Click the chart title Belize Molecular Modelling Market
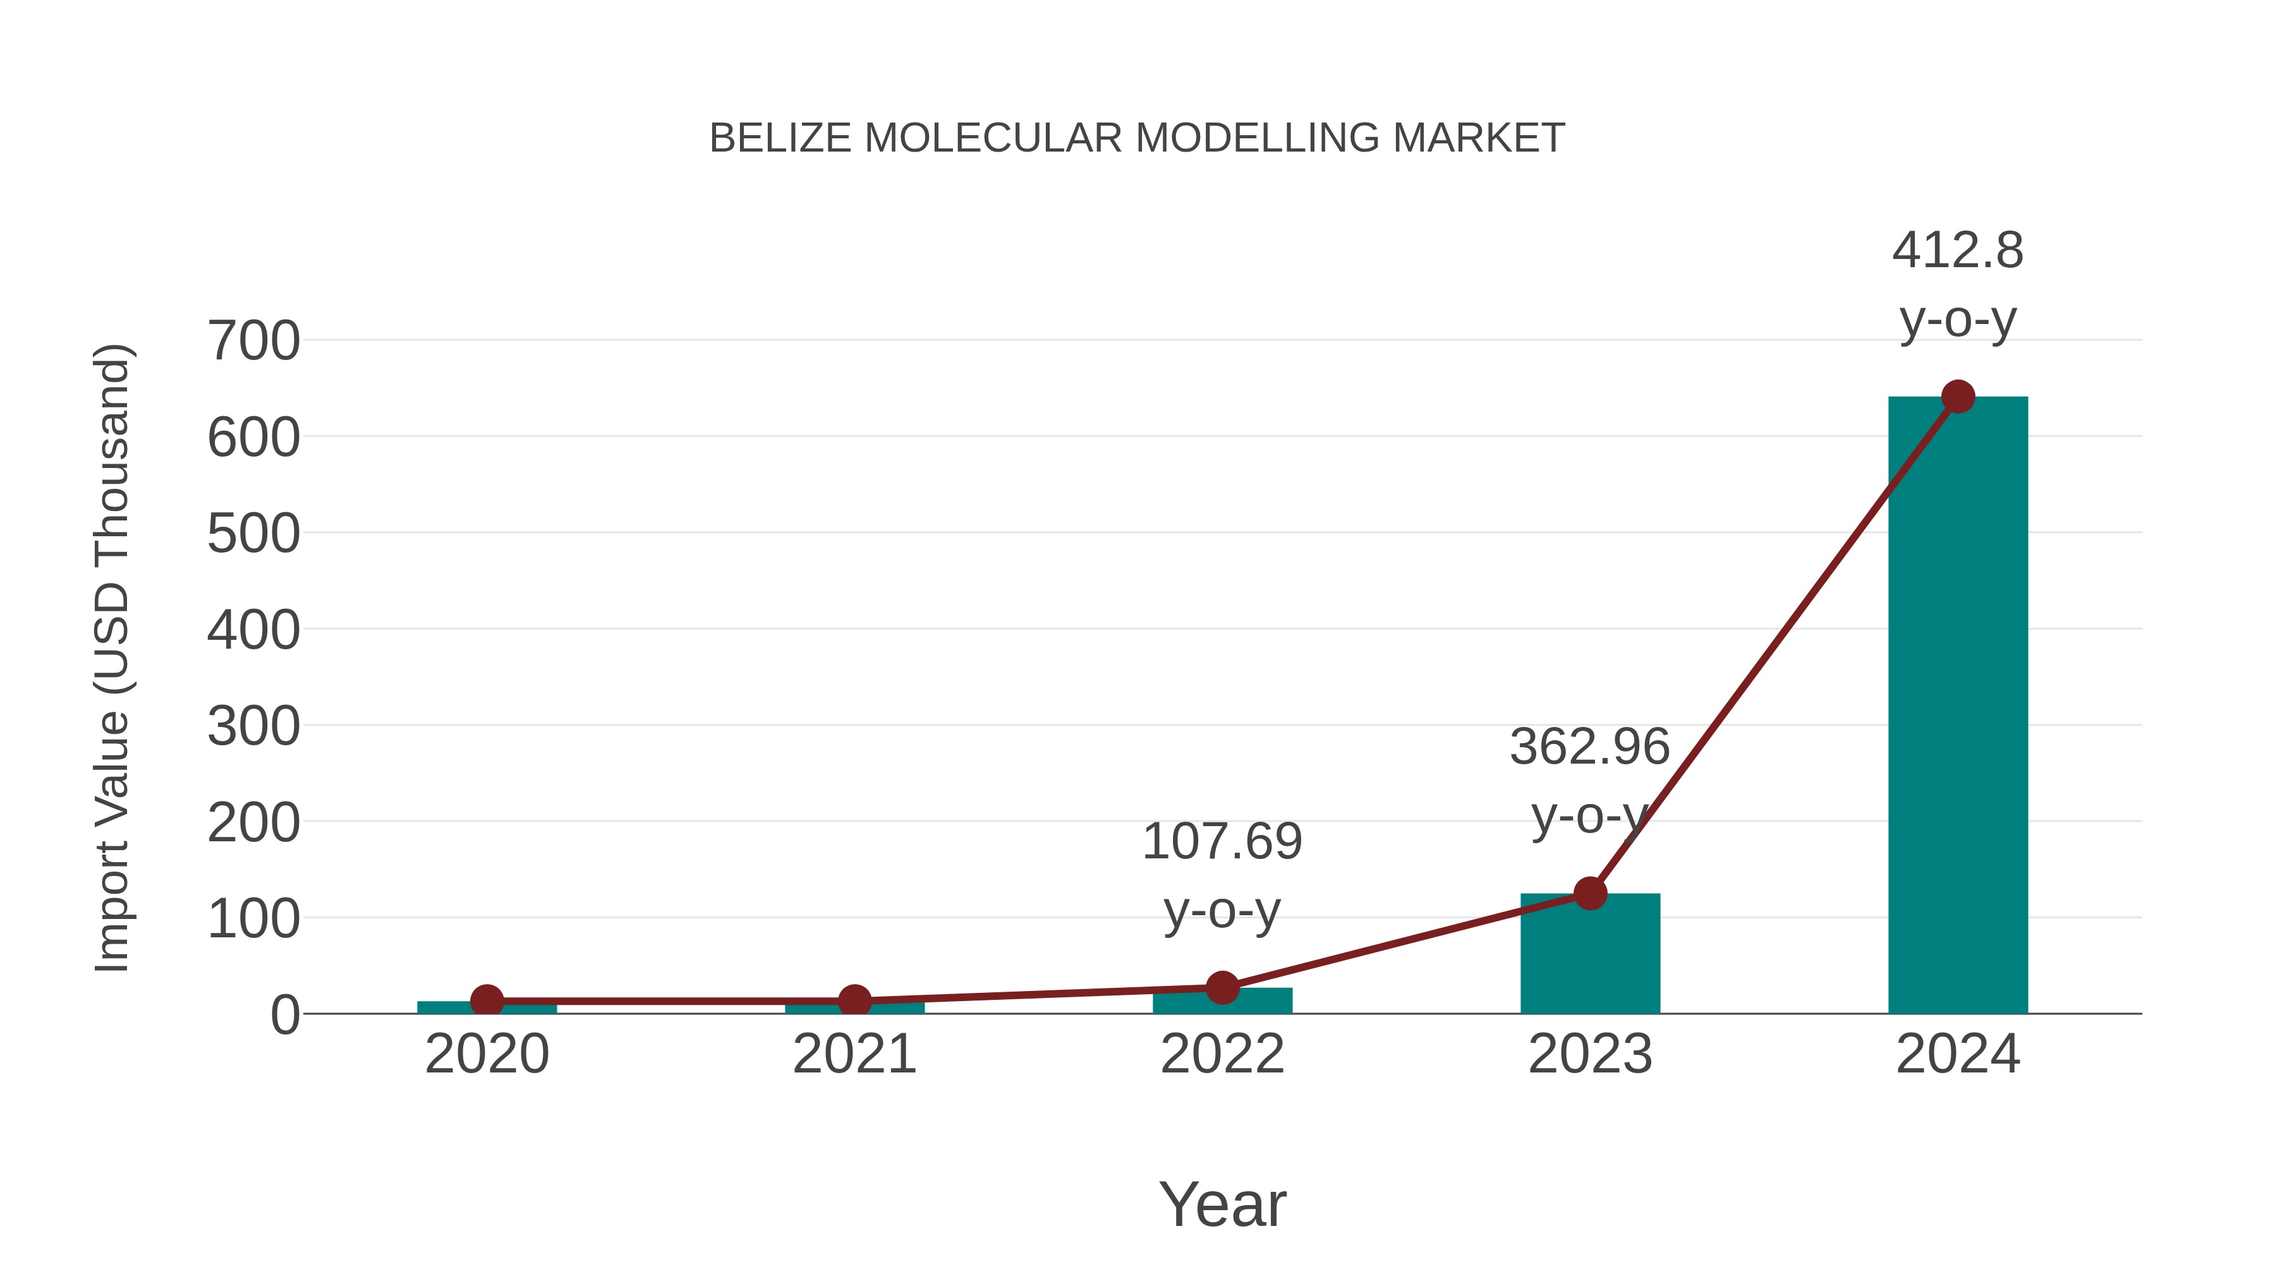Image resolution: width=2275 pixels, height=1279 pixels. pos(1137,138)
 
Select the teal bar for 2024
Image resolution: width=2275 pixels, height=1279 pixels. pos(1957,706)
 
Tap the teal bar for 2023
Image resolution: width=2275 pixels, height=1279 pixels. pos(1590,958)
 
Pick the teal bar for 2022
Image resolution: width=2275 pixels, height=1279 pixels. pos(1222,1002)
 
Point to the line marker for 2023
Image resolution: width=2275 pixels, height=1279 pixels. pos(1590,893)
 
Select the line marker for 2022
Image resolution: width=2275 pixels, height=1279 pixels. pos(1222,988)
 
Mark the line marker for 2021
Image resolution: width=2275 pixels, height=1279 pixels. pos(854,1000)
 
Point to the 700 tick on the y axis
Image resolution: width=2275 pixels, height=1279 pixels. pos(253,342)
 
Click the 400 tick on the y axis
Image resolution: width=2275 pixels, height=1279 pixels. pos(253,630)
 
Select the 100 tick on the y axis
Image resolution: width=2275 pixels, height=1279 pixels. pos(253,919)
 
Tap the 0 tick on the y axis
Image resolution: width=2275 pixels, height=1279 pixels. pos(284,1015)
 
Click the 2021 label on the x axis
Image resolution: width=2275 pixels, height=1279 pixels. pos(854,1054)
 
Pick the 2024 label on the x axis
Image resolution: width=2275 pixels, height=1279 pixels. pos(1957,1054)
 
